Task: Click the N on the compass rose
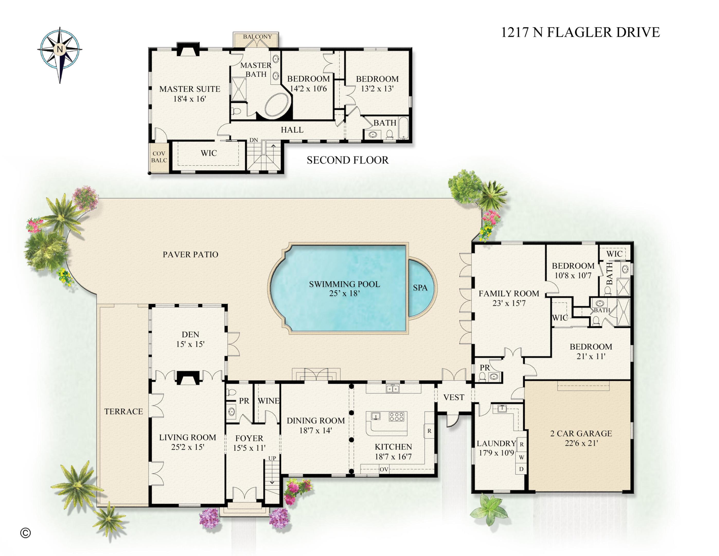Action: (60, 49)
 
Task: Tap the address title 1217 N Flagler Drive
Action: (580, 32)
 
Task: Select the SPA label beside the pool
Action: (420, 288)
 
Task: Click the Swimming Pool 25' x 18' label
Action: (344, 289)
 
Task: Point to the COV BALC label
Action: (159, 157)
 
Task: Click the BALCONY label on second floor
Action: (258, 37)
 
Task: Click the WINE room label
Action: (269, 401)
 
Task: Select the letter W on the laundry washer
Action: (521, 457)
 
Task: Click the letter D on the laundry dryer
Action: (521, 469)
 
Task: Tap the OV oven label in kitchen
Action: (384, 469)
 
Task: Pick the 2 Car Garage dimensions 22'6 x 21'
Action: (581, 443)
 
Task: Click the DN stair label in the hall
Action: (253, 140)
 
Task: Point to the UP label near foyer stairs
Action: (272, 458)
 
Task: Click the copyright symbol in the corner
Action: (25, 533)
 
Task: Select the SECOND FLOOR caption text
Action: (348, 160)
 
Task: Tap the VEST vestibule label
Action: (454, 398)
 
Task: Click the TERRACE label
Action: (123, 411)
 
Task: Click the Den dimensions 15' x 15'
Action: (190, 344)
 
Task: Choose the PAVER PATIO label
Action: (190, 255)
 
